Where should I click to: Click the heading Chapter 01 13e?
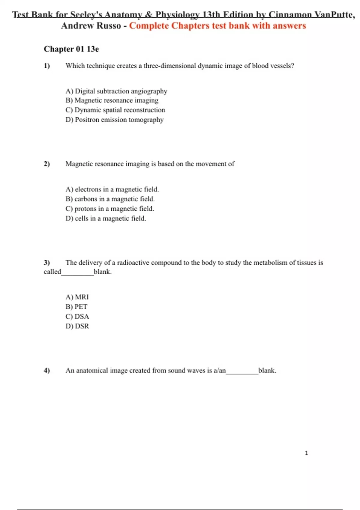(x=71, y=49)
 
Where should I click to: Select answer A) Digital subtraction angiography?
(x=116, y=91)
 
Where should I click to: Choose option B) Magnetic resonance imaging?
(x=112, y=100)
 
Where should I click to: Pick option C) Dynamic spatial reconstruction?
(x=115, y=110)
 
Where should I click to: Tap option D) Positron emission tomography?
(x=114, y=120)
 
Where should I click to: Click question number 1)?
(x=47, y=66)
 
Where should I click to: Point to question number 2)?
(x=47, y=164)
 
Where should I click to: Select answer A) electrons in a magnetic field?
(x=112, y=189)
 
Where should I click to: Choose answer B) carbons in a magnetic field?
(x=110, y=199)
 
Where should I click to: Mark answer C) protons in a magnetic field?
(x=109, y=208)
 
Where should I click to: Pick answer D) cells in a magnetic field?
(x=106, y=218)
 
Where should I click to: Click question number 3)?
(x=47, y=262)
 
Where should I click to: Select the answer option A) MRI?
(x=77, y=297)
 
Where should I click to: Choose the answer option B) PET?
(x=76, y=307)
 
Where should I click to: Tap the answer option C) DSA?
(x=77, y=316)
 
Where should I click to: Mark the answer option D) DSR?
(x=77, y=326)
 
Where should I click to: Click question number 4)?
(x=47, y=370)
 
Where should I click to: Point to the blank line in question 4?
(x=242, y=373)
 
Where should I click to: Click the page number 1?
(x=306, y=453)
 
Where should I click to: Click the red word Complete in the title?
(x=149, y=26)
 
